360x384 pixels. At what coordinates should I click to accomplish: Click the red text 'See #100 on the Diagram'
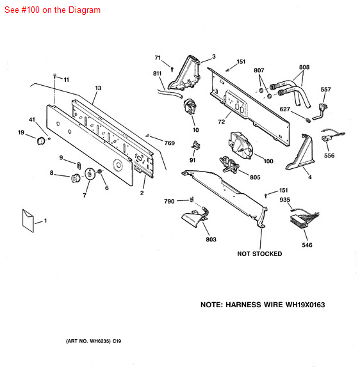point(53,10)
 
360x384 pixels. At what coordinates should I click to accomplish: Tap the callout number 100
point(268,161)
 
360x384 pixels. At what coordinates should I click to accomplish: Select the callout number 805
point(255,177)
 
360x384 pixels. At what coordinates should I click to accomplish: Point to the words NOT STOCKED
point(259,253)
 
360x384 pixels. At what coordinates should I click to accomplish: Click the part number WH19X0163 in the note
point(305,305)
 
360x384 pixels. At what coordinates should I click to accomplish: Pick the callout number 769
point(169,143)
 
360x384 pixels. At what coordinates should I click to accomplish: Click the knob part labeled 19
point(41,141)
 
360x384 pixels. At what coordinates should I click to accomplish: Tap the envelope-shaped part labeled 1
point(28,221)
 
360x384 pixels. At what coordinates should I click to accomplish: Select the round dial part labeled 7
point(90,174)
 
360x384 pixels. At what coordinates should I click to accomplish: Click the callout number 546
point(307,245)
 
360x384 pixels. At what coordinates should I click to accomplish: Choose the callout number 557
point(325,90)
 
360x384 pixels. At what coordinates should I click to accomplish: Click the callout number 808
point(304,67)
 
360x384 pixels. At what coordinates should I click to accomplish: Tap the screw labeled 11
point(54,76)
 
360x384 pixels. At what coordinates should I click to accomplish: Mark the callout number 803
point(211,239)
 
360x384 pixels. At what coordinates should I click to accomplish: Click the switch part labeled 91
point(195,145)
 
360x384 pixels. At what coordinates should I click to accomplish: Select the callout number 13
point(98,88)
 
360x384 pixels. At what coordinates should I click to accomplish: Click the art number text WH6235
point(100,341)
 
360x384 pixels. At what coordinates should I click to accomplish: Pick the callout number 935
point(285,200)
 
